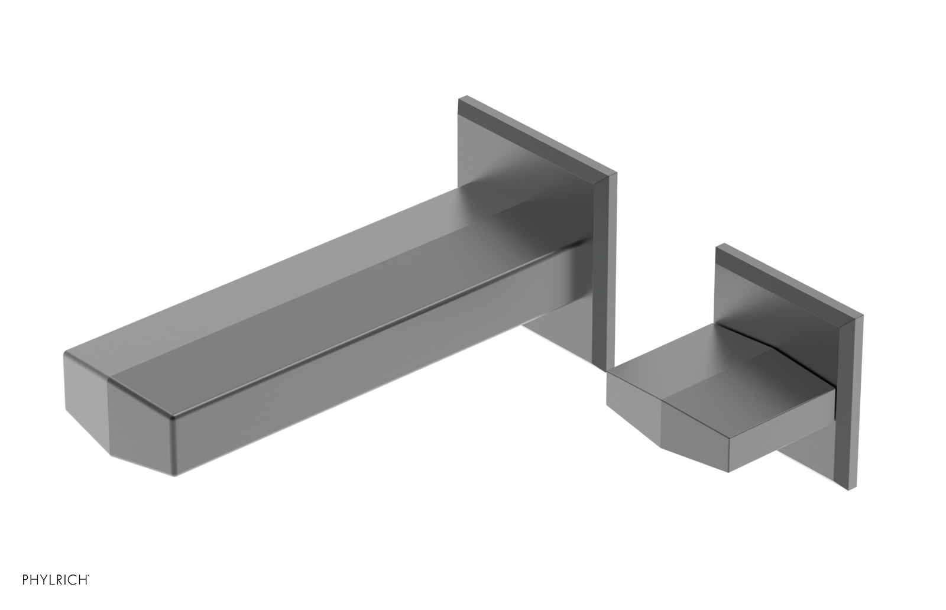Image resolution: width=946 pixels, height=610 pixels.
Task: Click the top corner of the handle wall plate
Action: pyautogui.click(x=718, y=246)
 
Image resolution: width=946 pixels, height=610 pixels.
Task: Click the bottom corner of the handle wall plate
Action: pyautogui.click(x=856, y=492)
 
